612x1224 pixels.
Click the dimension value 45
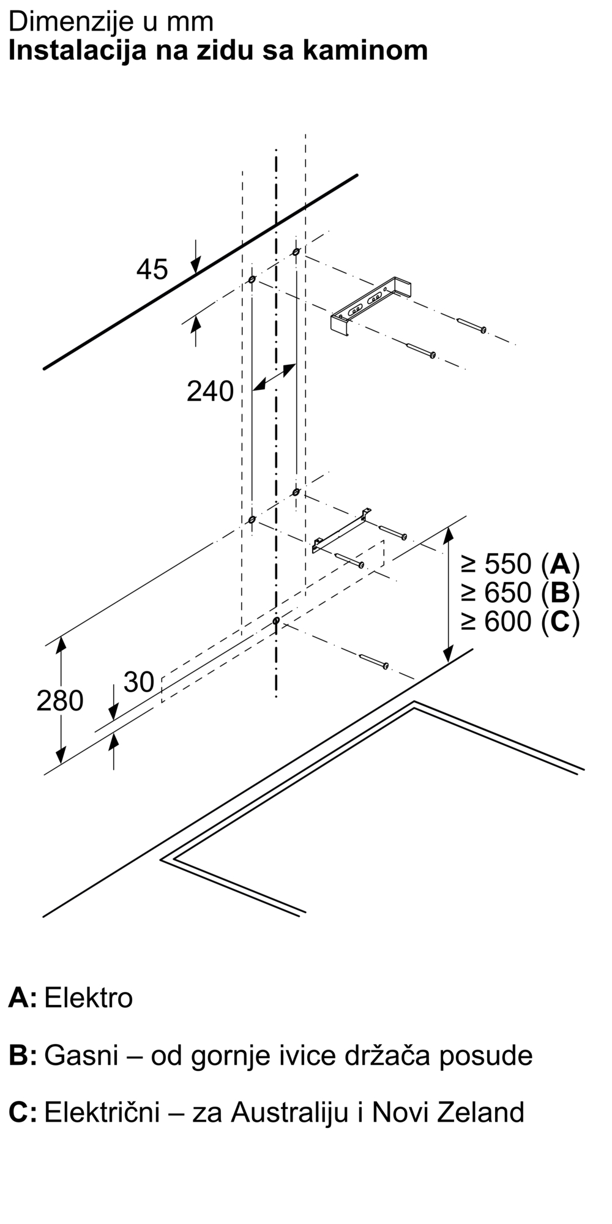(152, 270)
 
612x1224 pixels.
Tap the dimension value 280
(59, 701)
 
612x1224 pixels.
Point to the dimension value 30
(139, 682)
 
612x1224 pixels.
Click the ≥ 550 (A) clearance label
(520, 563)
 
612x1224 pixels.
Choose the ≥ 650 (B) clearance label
(520, 592)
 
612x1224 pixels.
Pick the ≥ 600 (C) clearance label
(520, 622)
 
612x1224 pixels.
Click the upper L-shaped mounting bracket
(371, 305)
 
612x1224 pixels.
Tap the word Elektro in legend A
(89, 998)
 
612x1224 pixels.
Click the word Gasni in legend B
(81, 1055)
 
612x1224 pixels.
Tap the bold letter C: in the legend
(23, 1112)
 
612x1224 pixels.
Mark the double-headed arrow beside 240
(274, 377)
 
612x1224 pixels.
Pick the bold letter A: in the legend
(23, 998)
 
